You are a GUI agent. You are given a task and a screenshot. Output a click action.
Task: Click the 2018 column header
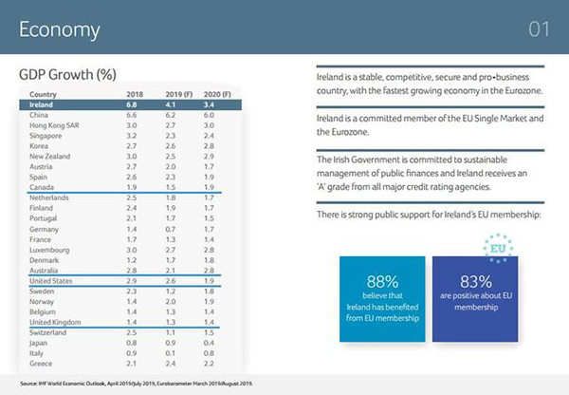(x=134, y=94)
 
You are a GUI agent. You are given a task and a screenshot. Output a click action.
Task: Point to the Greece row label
(x=42, y=364)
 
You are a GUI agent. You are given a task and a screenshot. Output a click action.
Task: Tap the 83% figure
(x=474, y=282)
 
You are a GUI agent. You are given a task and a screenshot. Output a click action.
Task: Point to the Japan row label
(x=41, y=344)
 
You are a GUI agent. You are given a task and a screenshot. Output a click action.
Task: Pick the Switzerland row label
(x=48, y=333)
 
